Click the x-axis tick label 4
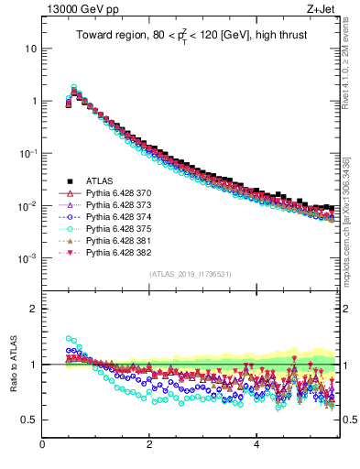pos(256,445)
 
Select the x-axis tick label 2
pos(149,445)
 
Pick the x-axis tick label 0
pos(42,445)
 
